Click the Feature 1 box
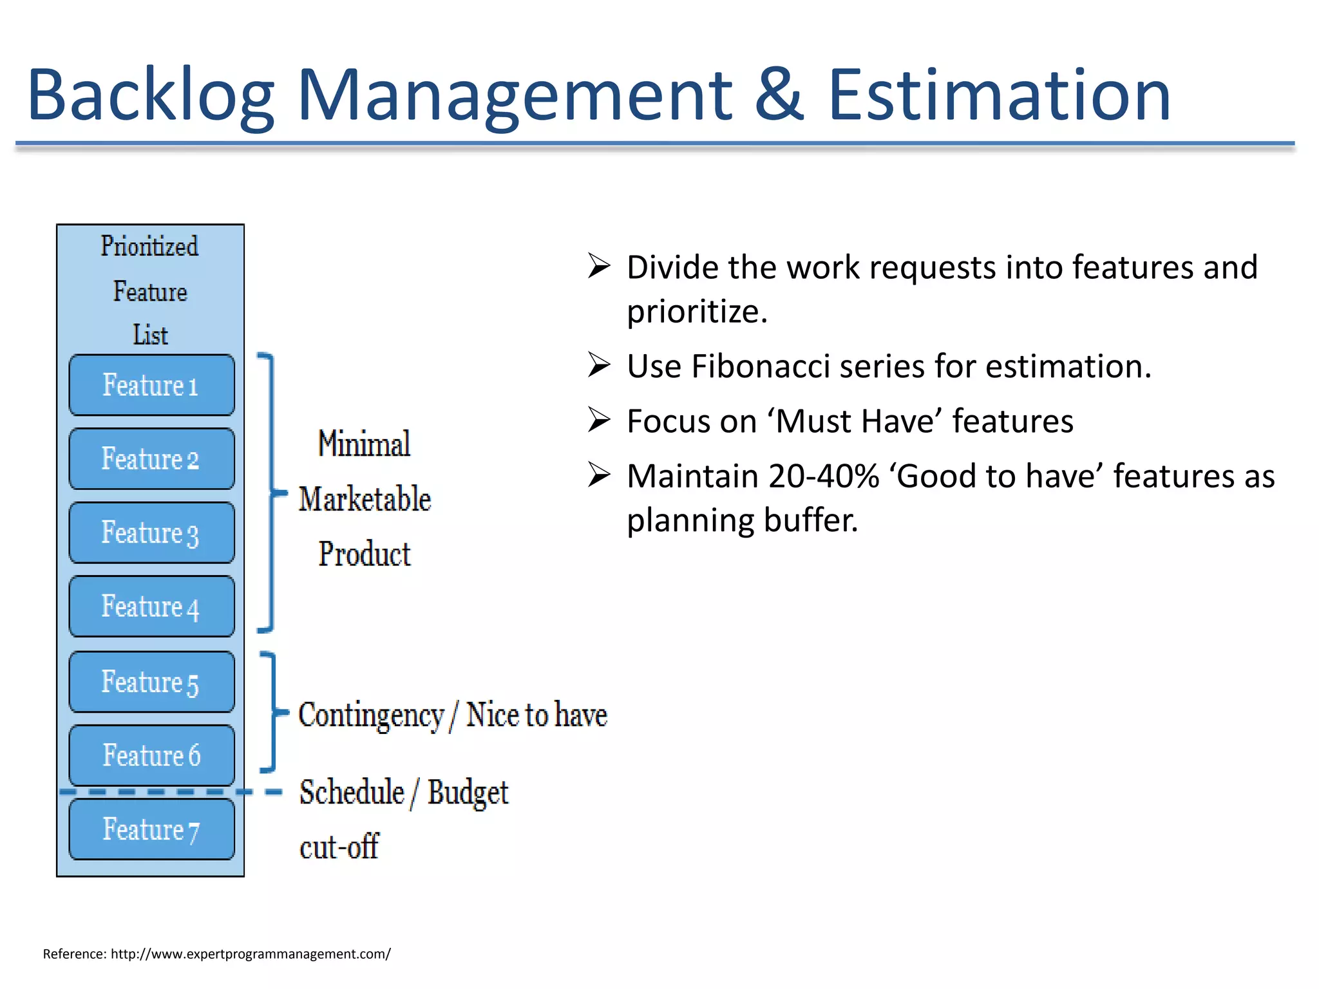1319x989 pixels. [x=151, y=385]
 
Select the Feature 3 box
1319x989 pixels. [x=151, y=532]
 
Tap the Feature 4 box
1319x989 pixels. [x=151, y=607]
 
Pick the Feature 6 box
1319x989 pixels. [x=151, y=755]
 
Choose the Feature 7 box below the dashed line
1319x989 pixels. [x=151, y=829]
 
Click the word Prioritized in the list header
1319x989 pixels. [x=149, y=247]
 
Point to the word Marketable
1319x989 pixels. [x=365, y=499]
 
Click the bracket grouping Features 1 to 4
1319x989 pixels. [x=272, y=493]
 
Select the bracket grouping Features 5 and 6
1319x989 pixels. [x=274, y=711]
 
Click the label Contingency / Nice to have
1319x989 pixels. [x=452, y=715]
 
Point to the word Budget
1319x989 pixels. [x=468, y=793]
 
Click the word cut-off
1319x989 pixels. [x=339, y=847]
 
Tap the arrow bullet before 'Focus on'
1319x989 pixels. [x=599, y=420]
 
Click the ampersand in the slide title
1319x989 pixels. [x=779, y=95]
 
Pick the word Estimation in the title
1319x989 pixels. [x=998, y=95]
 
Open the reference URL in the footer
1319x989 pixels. [x=250, y=954]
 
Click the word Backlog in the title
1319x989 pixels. [x=151, y=95]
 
